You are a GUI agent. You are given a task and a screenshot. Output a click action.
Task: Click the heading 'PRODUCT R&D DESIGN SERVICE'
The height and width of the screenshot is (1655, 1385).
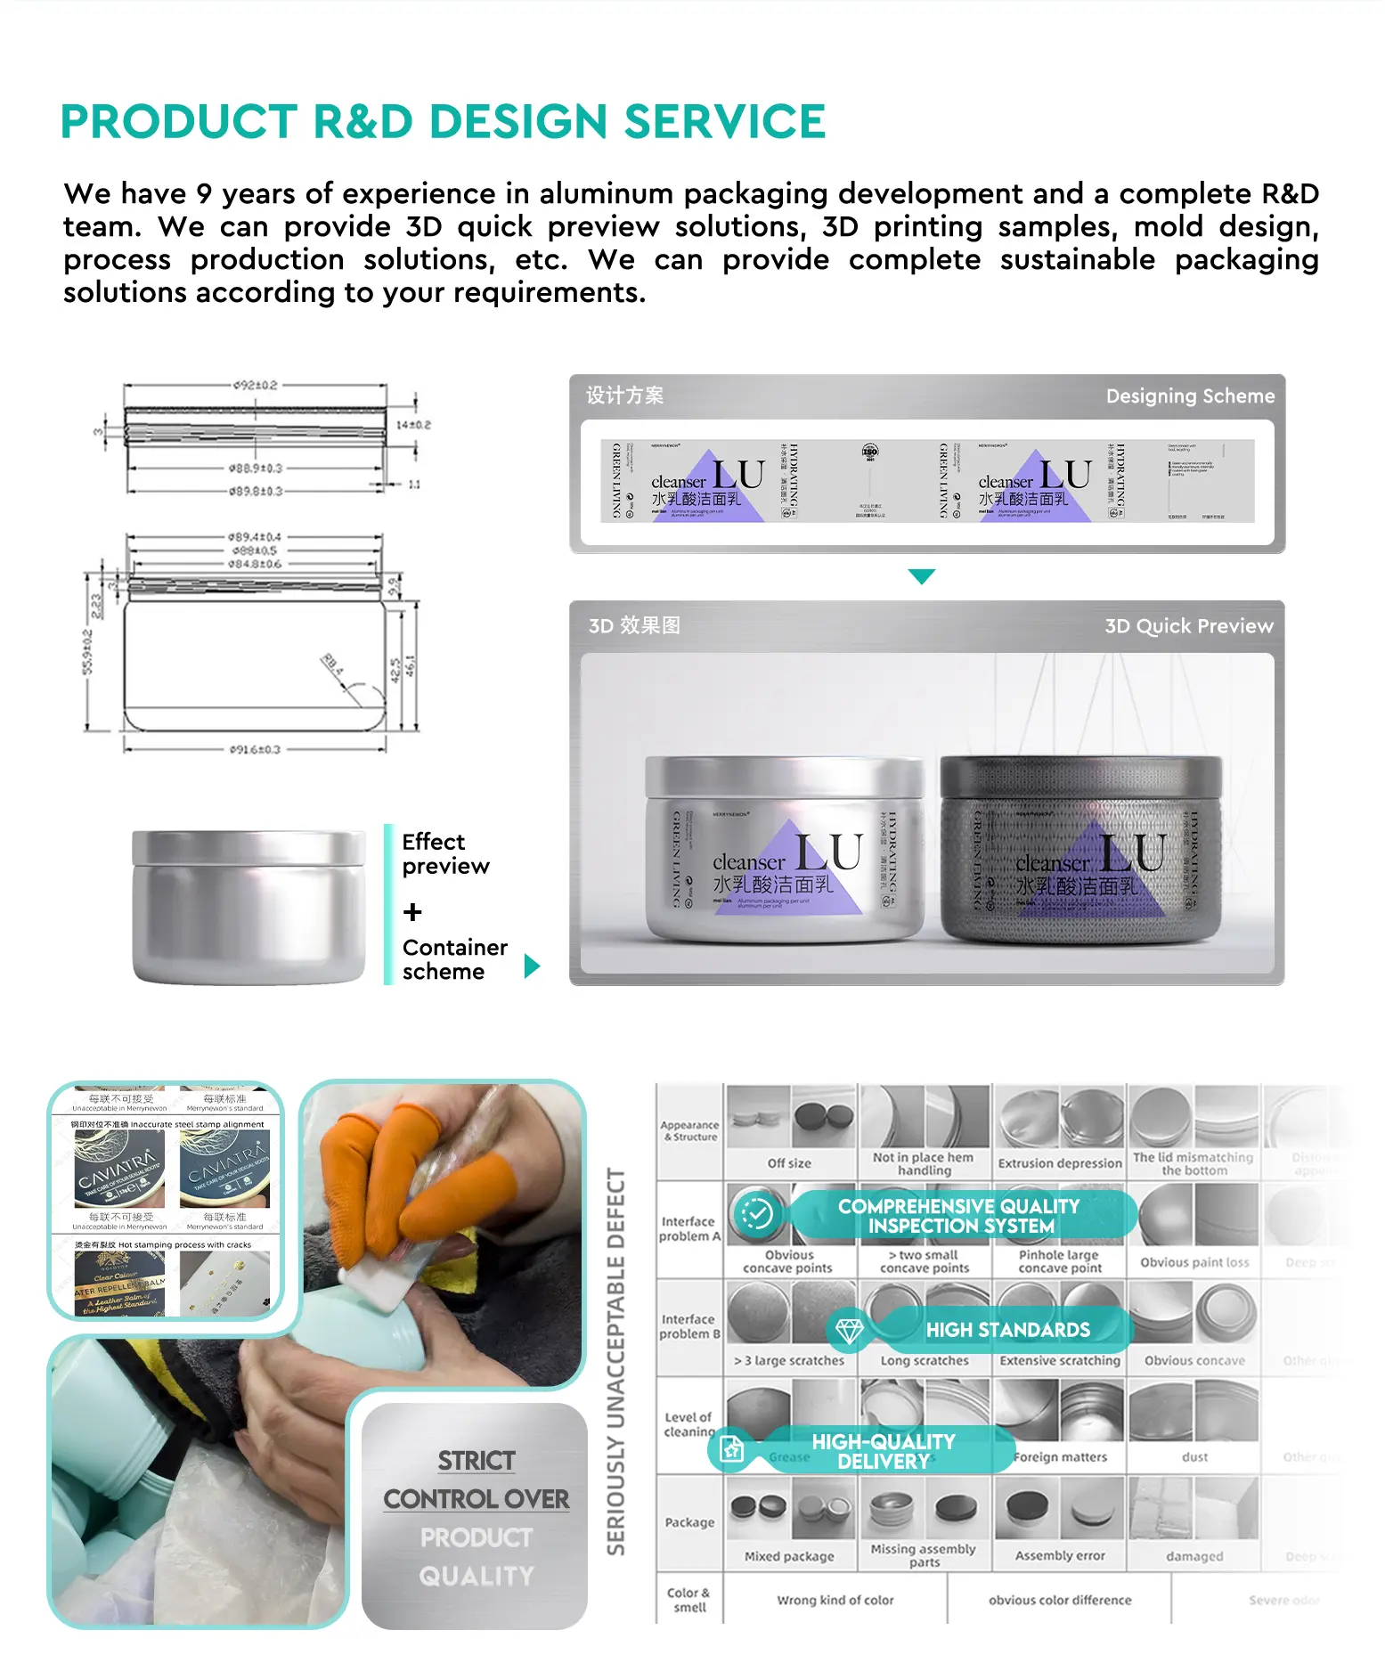click(443, 122)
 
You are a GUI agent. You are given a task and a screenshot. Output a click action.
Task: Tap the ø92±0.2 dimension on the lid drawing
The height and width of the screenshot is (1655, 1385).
click(256, 386)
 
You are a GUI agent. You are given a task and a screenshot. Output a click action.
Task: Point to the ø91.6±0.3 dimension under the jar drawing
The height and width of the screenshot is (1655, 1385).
click(255, 750)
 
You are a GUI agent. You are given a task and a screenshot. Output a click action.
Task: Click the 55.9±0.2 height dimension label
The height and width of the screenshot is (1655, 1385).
click(87, 652)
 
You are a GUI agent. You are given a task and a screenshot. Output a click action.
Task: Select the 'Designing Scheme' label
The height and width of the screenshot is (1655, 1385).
click(1189, 396)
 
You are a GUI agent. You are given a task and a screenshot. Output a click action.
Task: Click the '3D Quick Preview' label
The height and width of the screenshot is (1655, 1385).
click(1188, 626)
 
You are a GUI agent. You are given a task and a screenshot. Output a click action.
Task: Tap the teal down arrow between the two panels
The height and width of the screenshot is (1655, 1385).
click(922, 576)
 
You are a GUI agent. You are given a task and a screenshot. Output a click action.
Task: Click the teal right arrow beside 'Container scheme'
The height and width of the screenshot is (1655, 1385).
click(532, 966)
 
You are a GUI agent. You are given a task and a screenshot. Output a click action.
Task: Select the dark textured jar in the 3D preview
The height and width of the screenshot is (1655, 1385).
click(1080, 850)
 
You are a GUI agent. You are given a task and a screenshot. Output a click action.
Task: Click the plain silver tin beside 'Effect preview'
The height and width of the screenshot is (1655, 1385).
click(248, 906)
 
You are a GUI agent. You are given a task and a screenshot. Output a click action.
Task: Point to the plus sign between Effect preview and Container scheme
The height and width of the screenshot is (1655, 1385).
click(412, 912)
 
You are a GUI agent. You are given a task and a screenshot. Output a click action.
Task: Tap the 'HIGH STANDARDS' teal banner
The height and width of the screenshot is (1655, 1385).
click(1006, 1330)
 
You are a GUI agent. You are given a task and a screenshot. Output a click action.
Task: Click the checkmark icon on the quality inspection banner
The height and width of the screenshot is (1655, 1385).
click(757, 1214)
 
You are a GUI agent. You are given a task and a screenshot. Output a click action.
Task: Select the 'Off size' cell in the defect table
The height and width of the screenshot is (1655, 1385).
click(789, 1163)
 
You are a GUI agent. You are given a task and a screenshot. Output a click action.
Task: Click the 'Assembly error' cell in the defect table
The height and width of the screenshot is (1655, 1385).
click(1059, 1556)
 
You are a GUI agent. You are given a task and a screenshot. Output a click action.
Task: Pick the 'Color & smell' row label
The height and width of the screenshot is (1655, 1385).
click(689, 1600)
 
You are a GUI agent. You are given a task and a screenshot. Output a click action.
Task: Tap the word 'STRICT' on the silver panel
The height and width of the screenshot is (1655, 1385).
click(477, 1461)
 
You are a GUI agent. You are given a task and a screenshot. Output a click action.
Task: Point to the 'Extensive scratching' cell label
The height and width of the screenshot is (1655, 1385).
click(1059, 1361)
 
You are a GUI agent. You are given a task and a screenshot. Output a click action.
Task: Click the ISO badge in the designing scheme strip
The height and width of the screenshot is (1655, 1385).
click(870, 452)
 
